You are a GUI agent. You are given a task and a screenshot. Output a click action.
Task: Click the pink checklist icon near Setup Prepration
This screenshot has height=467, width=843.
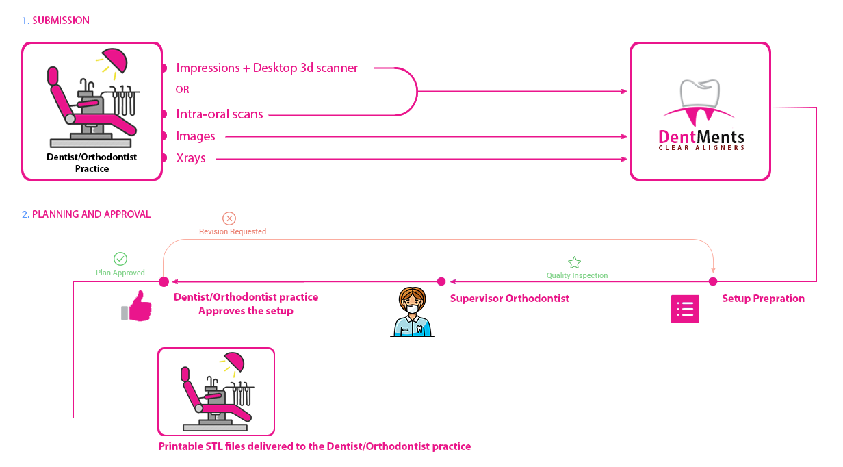tap(685, 309)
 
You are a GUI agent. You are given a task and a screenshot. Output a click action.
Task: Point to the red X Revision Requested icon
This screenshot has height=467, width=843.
tap(230, 218)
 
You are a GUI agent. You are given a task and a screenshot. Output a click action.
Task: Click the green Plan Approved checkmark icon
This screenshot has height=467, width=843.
tap(120, 259)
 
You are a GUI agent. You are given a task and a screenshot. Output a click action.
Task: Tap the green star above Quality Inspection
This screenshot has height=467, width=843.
tap(574, 263)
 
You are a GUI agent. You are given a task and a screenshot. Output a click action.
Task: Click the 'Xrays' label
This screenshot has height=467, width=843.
tap(191, 159)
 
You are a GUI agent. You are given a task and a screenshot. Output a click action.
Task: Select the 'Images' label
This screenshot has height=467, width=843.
tap(196, 136)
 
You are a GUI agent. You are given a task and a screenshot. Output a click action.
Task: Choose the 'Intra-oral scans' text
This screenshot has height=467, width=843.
tap(220, 114)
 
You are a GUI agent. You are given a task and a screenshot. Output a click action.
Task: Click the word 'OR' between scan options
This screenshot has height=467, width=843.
tap(182, 90)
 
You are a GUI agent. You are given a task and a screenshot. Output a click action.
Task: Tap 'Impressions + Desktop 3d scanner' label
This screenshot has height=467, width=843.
tap(267, 68)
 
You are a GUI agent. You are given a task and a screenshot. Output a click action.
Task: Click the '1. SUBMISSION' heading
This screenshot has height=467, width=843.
tap(55, 21)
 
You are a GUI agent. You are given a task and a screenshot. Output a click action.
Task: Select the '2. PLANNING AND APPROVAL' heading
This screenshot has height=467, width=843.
tap(86, 214)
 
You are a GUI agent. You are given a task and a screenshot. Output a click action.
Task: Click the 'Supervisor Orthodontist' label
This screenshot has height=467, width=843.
tap(510, 299)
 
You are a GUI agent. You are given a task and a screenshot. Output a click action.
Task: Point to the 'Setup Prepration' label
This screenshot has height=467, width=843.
tap(763, 299)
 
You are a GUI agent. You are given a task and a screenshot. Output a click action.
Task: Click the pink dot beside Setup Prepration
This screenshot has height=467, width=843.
tap(713, 281)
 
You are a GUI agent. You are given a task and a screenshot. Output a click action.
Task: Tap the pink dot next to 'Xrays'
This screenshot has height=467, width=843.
tap(164, 159)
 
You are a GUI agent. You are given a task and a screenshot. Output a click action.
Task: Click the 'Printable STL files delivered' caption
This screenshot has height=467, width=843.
tap(315, 446)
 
